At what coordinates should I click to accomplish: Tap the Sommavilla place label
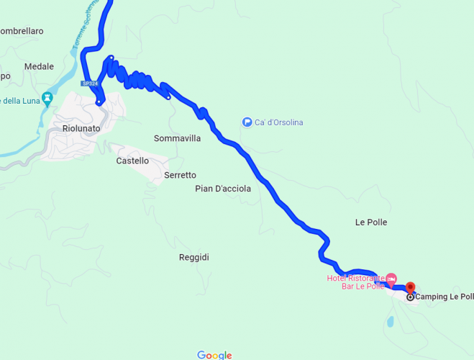(x=177, y=138)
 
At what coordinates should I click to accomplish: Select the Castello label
(x=132, y=161)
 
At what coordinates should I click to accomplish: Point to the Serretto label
(x=180, y=175)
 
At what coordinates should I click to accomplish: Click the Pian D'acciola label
(x=223, y=189)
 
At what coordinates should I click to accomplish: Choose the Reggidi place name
(x=193, y=257)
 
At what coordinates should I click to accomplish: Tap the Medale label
(x=39, y=67)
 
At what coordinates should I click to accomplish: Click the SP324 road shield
(x=89, y=84)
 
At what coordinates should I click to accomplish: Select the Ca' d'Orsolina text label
(x=278, y=122)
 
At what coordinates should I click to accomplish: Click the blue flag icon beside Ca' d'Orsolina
(x=247, y=122)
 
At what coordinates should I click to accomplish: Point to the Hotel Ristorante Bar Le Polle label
(x=355, y=282)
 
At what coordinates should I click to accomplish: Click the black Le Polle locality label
(x=371, y=222)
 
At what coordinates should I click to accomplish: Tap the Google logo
(x=214, y=355)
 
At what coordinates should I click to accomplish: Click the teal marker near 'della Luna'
(x=47, y=98)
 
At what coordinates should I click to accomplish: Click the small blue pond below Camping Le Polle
(x=390, y=322)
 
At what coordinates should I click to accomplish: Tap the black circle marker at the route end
(x=410, y=297)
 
